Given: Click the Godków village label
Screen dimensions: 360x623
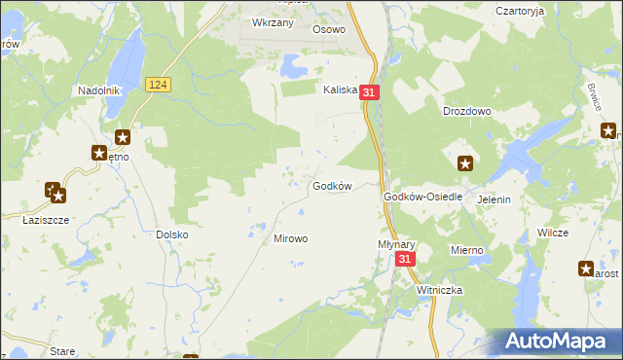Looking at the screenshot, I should [x=330, y=186].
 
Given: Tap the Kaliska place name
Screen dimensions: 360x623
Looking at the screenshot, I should [x=342, y=89].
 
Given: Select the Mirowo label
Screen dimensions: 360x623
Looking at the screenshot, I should [x=290, y=238].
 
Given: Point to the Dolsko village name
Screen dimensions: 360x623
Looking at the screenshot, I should [x=171, y=234].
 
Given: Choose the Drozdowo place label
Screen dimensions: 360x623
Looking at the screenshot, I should [x=466, y=112].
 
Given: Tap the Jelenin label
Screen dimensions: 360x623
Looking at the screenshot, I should [x=494, y=199].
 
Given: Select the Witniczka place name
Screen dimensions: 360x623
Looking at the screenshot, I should [x=439, y=290].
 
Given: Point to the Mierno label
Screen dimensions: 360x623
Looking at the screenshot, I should [x=466, y=250].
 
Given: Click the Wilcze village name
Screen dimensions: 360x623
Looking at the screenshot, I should [x=552, y=234].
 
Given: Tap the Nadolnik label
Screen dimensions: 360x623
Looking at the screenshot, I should [x=98, y=90].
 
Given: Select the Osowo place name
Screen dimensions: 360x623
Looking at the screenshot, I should [x=329, y=29].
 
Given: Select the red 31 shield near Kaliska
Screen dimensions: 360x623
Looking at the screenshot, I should [x=368, y=91].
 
